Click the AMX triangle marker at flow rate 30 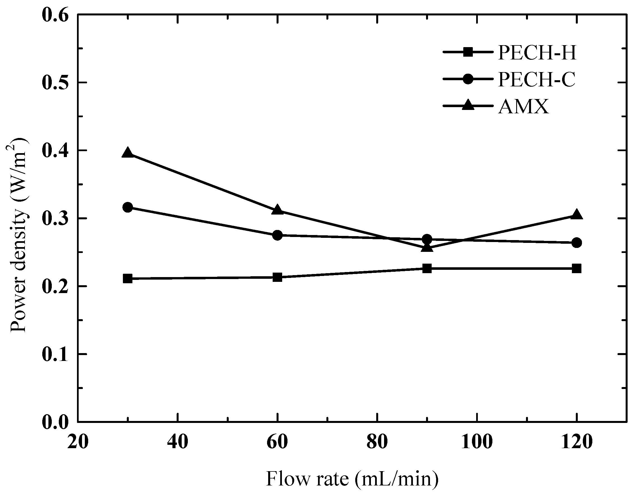pos(128,153)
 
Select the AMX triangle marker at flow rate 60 pos(277,210)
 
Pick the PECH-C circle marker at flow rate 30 pos(128,207)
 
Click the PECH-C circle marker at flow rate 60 pos(277,235)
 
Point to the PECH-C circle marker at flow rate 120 pos(577,242)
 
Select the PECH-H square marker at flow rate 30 pos(128,278)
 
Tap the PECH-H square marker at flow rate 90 pos(427,268)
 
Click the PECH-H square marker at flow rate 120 pos(577,268)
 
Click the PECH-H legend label pos(537,53)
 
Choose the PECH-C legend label pos(537,79)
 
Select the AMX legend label pos(523,107)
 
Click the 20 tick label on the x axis pos(78,442)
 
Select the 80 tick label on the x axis pos(377,442)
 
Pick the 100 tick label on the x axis pos(477,442)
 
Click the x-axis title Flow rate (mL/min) pos(352,479)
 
